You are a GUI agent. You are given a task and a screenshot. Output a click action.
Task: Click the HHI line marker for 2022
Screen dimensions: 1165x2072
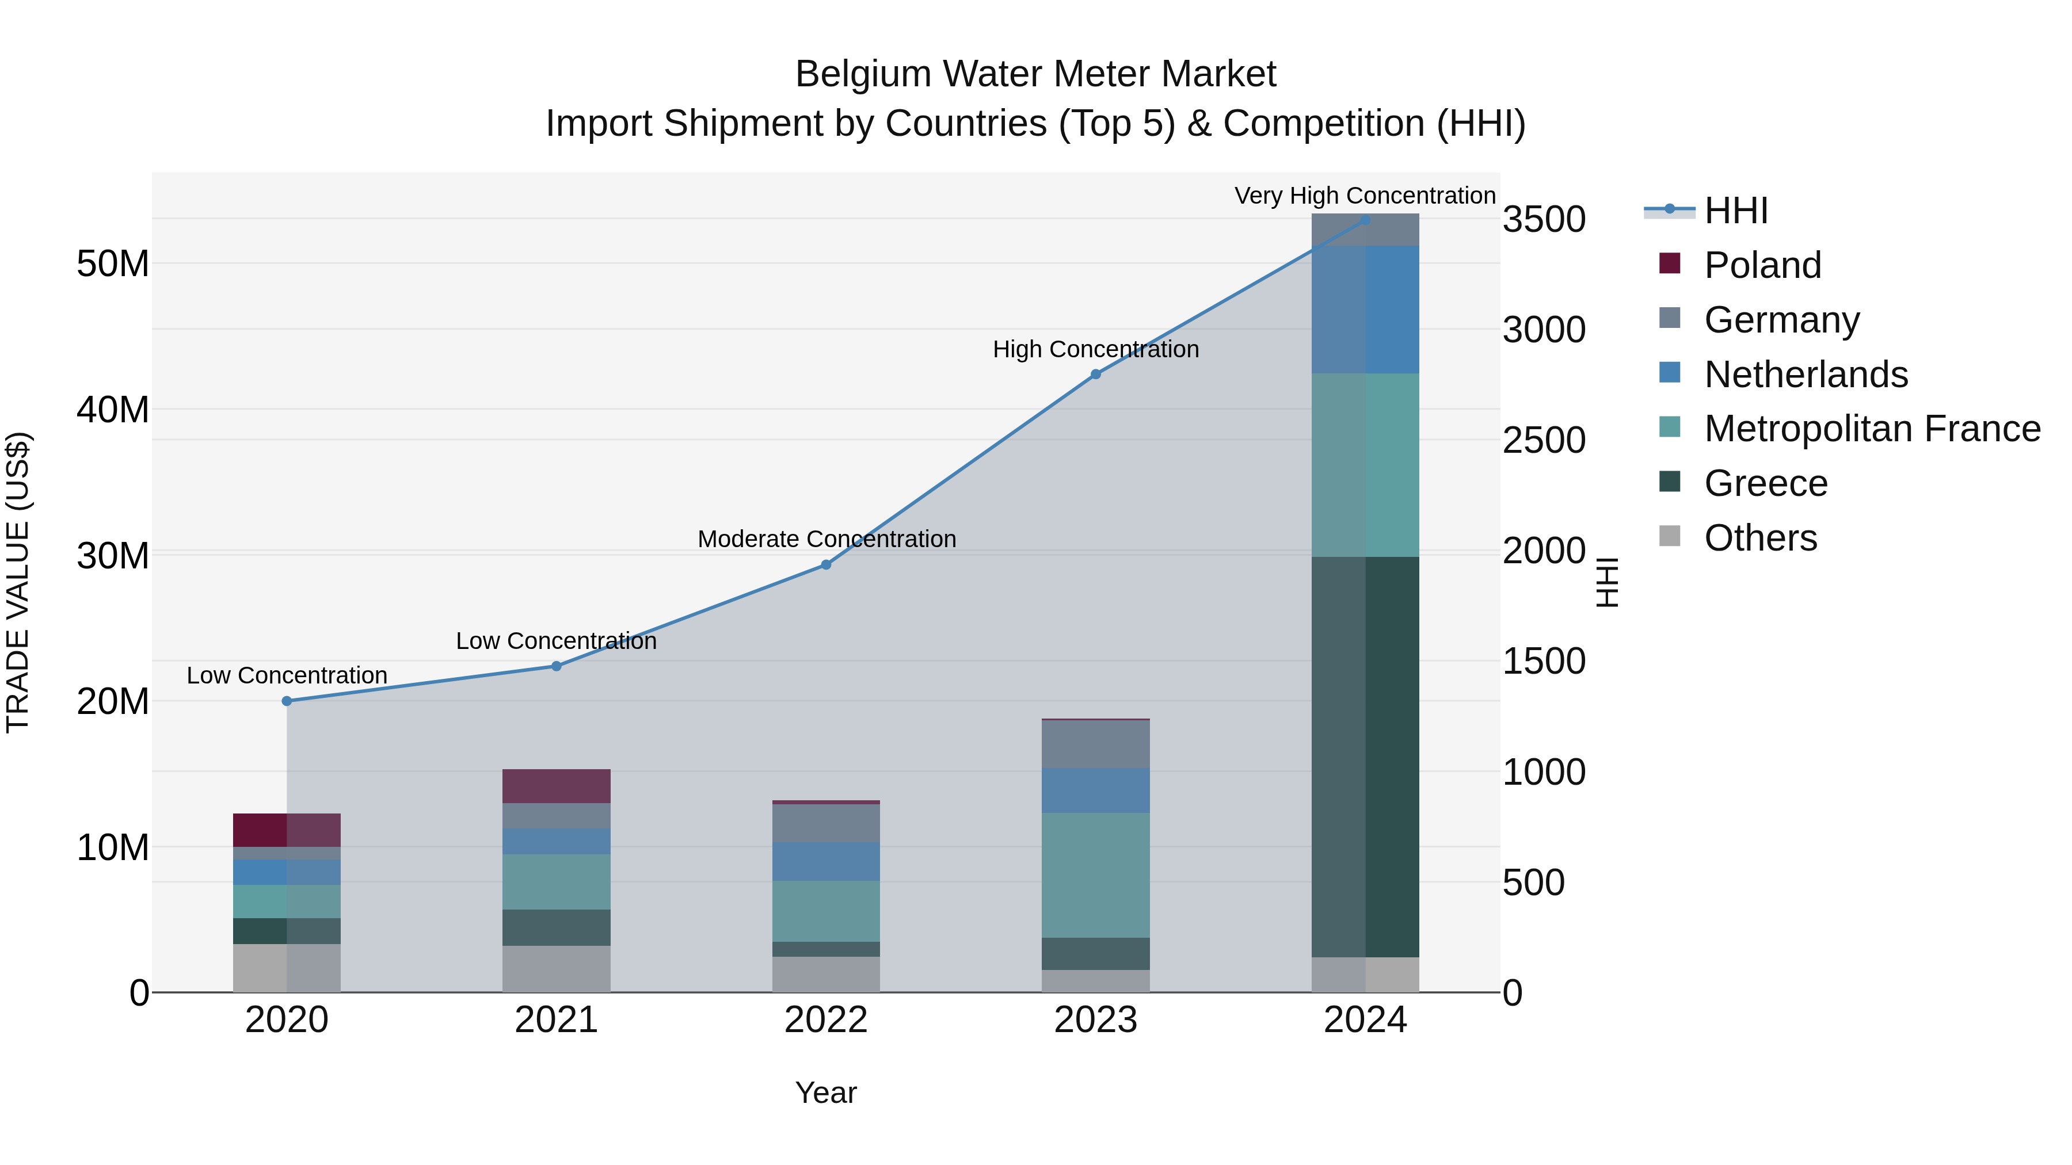tap(825, 564)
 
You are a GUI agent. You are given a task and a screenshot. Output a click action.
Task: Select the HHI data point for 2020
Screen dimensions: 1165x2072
tap(287, 701)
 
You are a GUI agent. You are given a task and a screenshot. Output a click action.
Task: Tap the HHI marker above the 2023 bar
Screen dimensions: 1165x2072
tap(1095, 374)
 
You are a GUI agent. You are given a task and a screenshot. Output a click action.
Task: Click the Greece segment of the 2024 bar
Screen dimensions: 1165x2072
tap(1365, 756)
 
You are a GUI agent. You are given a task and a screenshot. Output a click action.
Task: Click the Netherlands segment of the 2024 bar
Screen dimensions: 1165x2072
tap(1365, 310)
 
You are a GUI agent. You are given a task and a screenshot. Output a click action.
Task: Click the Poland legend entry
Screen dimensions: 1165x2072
tap(1762, 265)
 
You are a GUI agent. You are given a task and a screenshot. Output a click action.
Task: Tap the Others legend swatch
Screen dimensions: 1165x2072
tap(1670, 536)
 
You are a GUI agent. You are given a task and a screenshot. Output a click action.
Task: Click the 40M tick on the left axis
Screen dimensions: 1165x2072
tap(113, 410)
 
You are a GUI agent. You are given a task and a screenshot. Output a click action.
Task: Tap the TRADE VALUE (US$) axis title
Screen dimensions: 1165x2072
tap(18, 582)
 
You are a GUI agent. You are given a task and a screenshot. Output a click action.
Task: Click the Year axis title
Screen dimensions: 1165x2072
tap(825, 1093)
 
